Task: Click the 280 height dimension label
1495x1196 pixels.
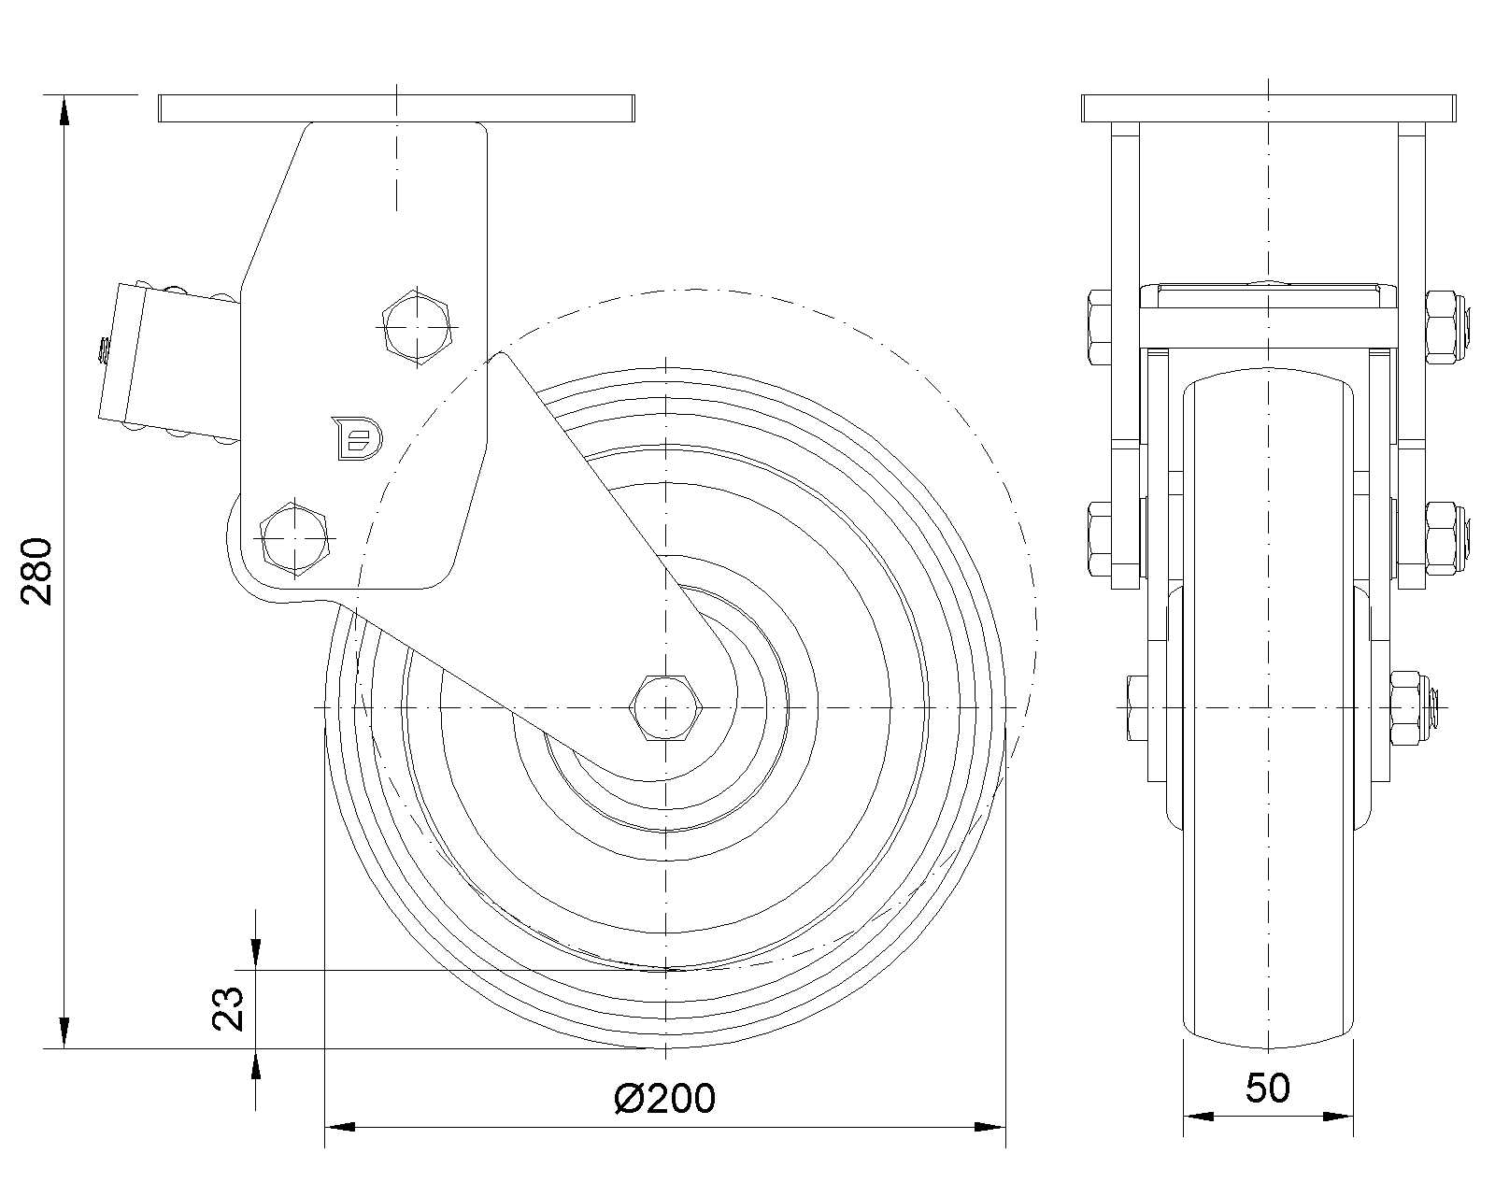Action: click(36, 571)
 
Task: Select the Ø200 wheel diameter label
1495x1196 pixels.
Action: click(665, 1098)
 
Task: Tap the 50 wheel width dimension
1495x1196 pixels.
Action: click(1267, 1088)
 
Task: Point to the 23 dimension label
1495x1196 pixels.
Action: click(228, 1008)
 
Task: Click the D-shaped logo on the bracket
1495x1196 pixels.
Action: click(358, 438)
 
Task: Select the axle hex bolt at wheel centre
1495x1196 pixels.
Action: click(665, 707)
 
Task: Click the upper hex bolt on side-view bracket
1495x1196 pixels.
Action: click(417, 327)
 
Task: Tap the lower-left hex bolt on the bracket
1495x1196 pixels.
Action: click(294, 538)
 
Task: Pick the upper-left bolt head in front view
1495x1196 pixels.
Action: click(1100, 327)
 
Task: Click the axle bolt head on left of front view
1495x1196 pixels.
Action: click(1137, 707)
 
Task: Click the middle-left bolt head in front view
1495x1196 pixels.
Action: click(1100, 538)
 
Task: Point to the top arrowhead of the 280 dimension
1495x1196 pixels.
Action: click(64, 110)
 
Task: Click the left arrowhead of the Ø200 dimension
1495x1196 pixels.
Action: click(340, 1127)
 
